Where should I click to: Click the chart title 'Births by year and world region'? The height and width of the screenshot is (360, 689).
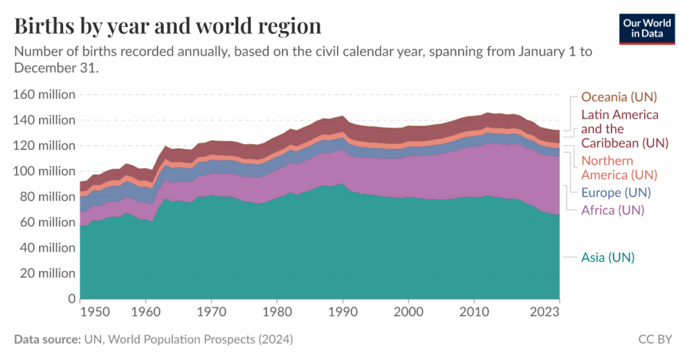point(168,26)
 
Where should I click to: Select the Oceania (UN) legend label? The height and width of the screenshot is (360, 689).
point(618,97)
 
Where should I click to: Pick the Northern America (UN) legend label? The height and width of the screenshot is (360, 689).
point(618,168)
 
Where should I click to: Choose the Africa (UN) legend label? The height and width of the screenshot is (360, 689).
point(612,211)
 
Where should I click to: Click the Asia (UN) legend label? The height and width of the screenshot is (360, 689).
point(608,257)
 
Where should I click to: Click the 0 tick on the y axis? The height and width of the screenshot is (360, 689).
point(71,299)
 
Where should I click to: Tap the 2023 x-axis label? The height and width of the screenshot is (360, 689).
point(546,313)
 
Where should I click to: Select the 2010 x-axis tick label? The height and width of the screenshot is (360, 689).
point(474,313)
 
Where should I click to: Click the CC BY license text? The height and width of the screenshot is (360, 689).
point(655,340)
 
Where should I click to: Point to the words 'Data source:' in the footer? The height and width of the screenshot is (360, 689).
point(44,340)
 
